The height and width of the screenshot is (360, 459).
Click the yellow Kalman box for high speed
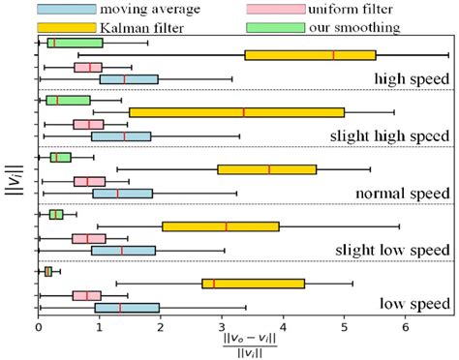point(310,55)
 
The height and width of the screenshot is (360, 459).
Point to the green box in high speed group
point(76,43)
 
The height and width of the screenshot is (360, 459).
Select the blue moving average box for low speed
point(127,308)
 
